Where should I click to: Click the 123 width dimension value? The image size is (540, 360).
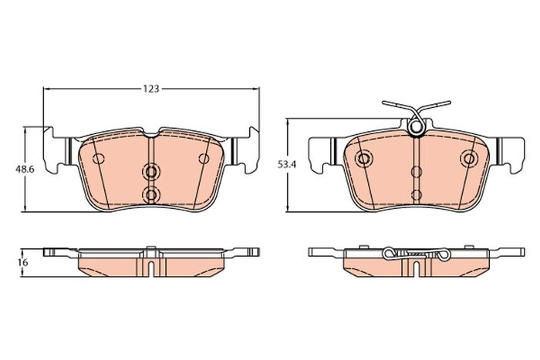(x=151, y=89)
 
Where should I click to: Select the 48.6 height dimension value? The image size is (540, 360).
(x=24, y=169)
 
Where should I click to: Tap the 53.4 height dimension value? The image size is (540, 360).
(x=287, y=164)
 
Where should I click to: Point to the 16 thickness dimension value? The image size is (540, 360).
(x=24, y=262)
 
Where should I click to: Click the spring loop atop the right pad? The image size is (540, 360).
(x=416, y=126)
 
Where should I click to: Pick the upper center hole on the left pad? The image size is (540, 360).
(x=151, y=171)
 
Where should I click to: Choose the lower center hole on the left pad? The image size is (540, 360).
(x=151, y=195)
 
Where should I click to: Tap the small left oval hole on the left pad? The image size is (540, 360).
(x=99, y=159)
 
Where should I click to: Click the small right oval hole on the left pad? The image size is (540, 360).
(x=204, y=159)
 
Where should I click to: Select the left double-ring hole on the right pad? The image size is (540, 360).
(x=363, y=159)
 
